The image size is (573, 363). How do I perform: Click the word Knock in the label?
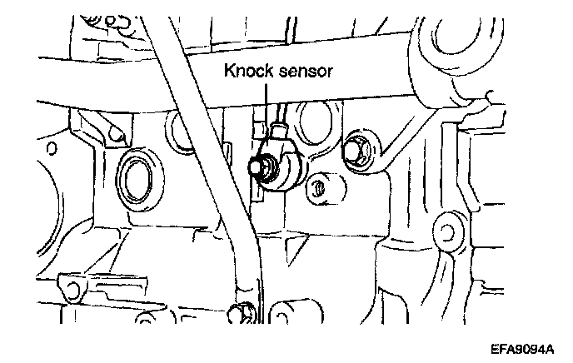pos(247,72)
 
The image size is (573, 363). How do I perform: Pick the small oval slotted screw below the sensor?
pos(316,188)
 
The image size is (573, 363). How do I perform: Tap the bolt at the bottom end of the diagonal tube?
pos(242,313)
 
